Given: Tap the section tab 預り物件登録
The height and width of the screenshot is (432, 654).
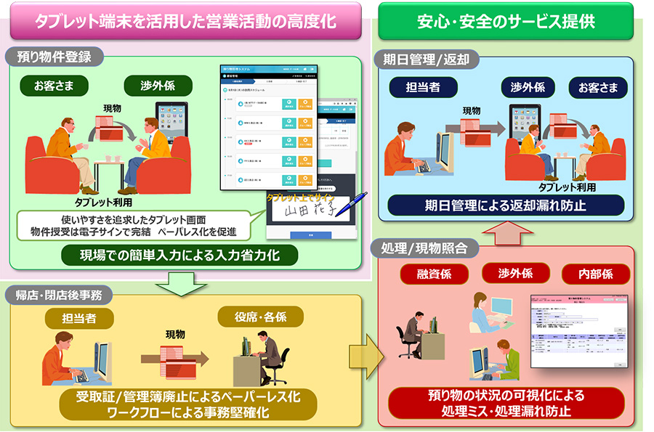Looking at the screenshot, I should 54,56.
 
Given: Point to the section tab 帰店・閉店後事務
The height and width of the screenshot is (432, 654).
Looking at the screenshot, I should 59,294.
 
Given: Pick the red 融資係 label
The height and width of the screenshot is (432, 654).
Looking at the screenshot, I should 435,274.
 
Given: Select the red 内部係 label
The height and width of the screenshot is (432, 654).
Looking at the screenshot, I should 597,274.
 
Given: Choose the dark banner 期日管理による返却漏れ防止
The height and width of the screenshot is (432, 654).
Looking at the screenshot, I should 506,205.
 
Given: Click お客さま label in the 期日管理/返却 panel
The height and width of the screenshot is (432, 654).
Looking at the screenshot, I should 599,88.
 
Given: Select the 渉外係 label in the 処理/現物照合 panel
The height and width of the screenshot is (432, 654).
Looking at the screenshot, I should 516,274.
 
